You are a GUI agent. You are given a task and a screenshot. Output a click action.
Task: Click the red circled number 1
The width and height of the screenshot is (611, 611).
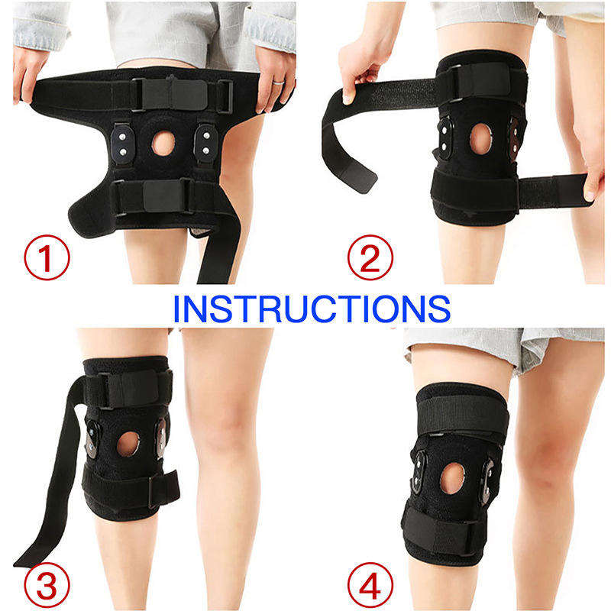click(47, 257)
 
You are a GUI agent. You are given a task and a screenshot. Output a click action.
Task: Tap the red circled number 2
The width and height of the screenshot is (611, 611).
click(370, 257)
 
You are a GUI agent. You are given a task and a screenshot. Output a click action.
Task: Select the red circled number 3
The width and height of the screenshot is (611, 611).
click(47, 585)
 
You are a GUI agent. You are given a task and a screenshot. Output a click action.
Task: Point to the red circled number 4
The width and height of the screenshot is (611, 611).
click(370, 585)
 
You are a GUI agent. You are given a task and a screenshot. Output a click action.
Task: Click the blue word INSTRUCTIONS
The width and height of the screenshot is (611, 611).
click(312, 309)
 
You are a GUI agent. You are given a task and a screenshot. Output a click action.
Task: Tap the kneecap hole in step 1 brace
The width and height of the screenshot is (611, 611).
click(163, 144)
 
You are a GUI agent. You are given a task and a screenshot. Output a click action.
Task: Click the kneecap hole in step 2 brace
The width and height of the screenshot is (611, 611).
click(481, 139)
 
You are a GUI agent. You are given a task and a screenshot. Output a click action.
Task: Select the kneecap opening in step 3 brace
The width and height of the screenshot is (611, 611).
click(128, 444)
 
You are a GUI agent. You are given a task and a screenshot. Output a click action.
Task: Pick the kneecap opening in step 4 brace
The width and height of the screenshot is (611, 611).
click(452, 478)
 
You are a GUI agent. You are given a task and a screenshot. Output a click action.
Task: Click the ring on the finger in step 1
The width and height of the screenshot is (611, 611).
click(279, 82)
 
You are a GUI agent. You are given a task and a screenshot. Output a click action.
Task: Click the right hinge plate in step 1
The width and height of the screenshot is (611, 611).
click(205, 143)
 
